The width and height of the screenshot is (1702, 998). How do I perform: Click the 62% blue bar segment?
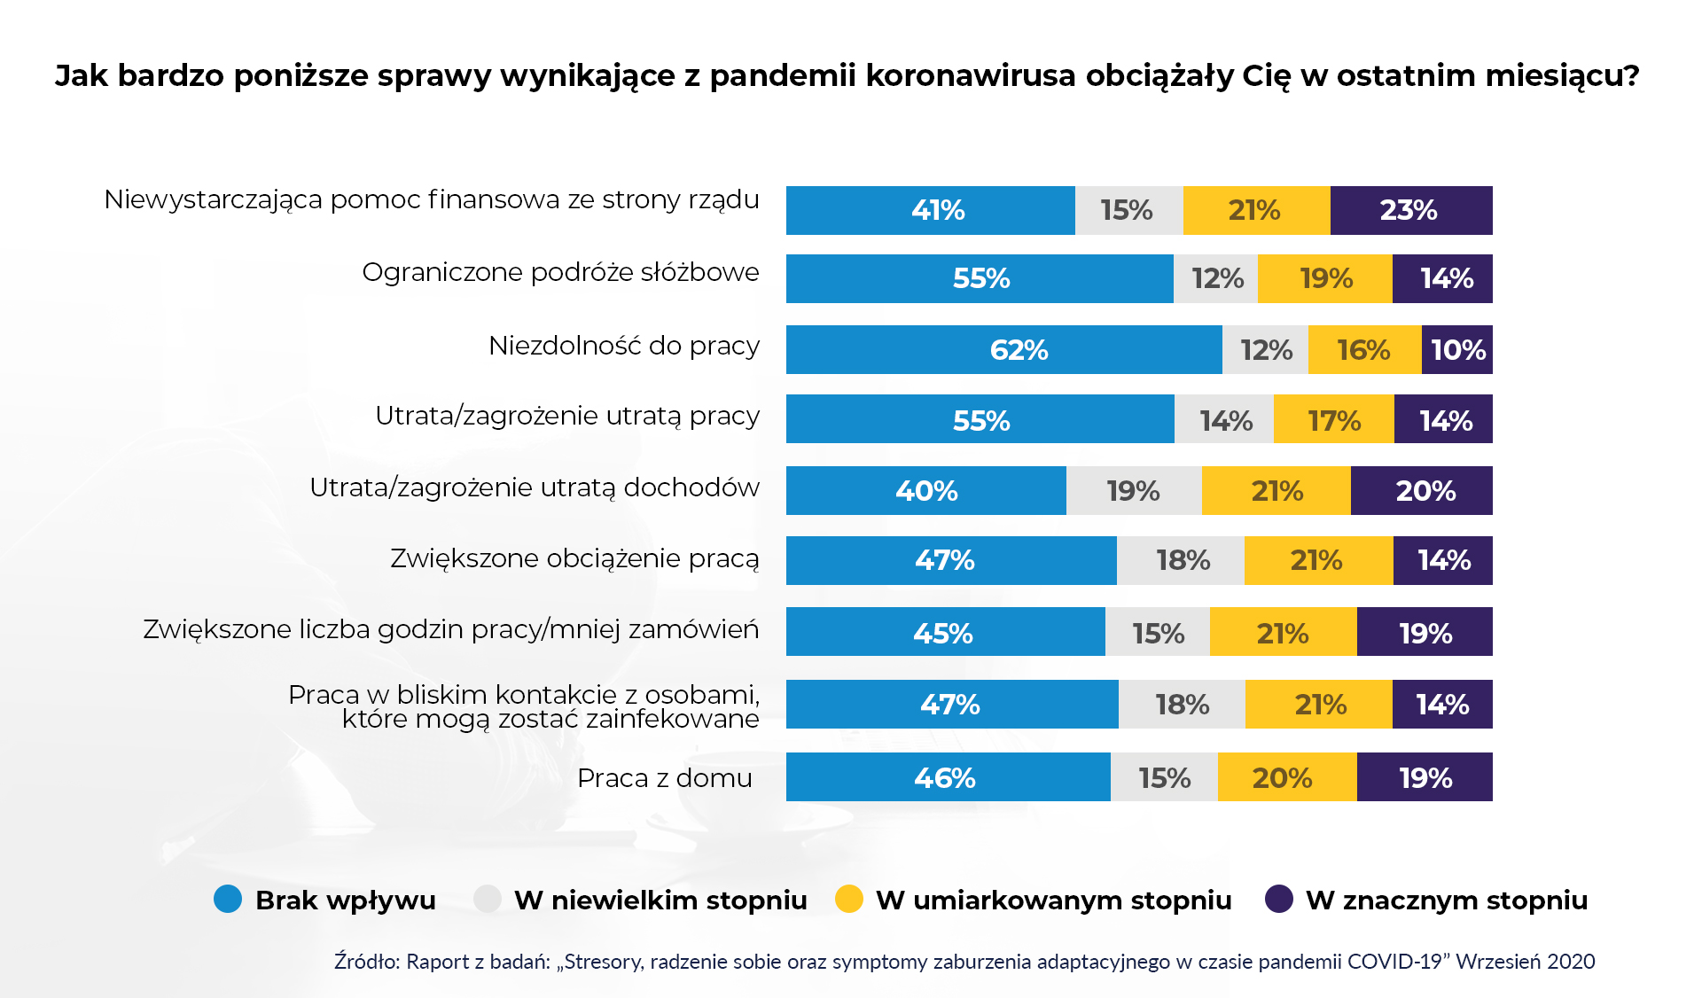(x=1003, y=350)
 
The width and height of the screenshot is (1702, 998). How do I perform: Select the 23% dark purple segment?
(x=1410, y=211)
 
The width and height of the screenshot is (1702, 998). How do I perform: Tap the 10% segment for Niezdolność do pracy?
(x=1457, y=350)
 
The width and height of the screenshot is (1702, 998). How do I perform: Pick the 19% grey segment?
(x=1133, y=491)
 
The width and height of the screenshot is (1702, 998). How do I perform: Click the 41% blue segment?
(x=930, y=211)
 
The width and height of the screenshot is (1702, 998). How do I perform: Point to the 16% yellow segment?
(x=1364, y=350)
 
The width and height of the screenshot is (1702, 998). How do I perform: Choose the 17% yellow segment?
(x=1333, y=420)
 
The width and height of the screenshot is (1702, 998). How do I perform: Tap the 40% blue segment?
(x=925, y=491)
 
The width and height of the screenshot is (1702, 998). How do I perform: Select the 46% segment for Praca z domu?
(x=947, y=778)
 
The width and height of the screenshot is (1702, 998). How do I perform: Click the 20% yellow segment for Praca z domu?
(x=1286, y=778)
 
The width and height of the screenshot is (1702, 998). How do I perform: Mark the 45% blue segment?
(x=945, y=633)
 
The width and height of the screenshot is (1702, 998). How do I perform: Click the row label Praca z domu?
(x=664, y=778)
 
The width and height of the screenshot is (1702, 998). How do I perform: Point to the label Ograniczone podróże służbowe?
(x=560, y=272)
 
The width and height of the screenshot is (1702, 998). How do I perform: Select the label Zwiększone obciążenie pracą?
(x=574, y=558)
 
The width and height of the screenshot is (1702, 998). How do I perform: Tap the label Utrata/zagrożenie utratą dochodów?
(x=534, y=487)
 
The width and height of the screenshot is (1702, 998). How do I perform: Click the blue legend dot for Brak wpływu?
(x=228, y=899)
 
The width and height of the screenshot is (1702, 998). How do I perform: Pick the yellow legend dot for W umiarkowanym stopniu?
(x=849, y=899)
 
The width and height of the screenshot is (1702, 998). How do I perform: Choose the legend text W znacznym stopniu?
(x=1446, y=901)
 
